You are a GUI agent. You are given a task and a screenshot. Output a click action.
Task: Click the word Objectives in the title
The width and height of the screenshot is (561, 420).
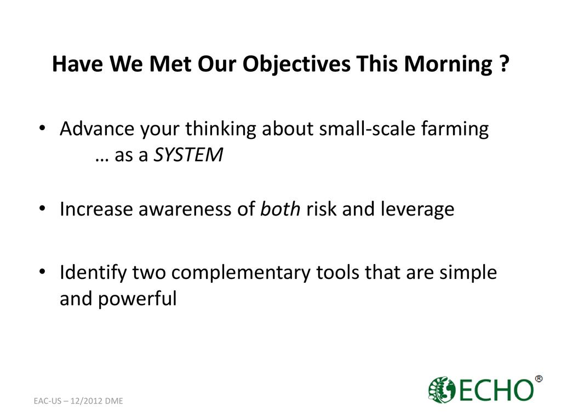(296, 65)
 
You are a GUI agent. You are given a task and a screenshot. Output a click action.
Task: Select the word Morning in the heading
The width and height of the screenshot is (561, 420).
(448, 65)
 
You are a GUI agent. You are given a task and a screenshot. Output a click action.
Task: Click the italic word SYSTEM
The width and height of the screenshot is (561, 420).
(188, 155)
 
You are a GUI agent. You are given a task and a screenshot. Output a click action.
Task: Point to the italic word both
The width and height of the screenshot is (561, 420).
(280, 208)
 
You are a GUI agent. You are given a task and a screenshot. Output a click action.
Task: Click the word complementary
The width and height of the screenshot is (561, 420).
(241, 273)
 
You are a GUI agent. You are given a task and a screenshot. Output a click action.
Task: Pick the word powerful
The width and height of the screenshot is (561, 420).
(138, 299)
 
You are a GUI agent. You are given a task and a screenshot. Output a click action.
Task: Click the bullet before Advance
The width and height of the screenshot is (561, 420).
(42, 128)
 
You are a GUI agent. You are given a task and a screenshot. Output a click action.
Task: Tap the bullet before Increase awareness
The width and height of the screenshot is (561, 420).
(42, 208)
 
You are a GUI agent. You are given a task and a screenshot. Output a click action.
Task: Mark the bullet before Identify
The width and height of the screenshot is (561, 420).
(42, 272)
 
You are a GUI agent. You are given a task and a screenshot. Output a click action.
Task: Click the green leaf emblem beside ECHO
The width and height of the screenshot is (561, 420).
(442, 389)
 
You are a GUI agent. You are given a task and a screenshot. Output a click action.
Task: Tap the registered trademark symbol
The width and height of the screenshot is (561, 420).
(538, 378)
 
